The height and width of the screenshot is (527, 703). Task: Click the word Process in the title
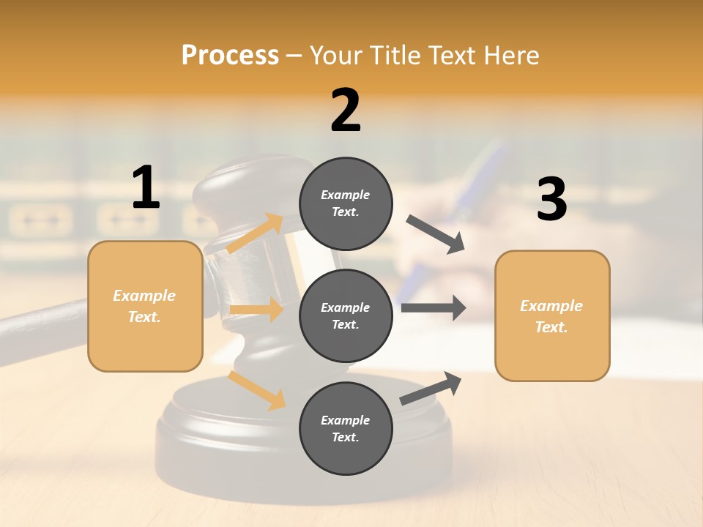coord(230,56)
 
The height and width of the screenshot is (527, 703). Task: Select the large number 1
coord(146,188)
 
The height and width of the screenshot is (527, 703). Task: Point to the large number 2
coord(346,111)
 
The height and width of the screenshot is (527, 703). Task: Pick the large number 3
coord(551,200)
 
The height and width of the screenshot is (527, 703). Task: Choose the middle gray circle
coord(346,315)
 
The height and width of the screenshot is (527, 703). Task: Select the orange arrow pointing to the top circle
coord(255,233)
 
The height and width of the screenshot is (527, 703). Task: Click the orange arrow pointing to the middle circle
coord(256,310)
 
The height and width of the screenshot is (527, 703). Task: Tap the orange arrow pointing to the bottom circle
coord(256,389)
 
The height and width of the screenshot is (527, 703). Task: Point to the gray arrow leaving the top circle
coord(436,234)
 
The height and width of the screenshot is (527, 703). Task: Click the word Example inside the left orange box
coord(144,296)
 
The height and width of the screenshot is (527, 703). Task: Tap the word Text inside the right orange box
coord(551,327)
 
